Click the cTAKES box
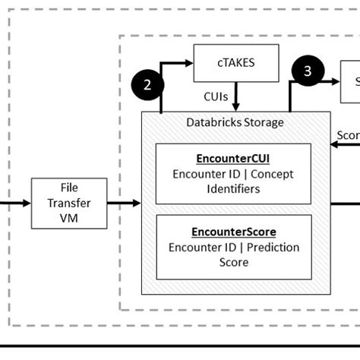236,62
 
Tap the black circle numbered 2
148,84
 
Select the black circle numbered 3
308,71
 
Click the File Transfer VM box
68,203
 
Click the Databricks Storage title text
235,122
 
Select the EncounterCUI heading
233,159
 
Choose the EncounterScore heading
233,232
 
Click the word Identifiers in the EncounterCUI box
233,188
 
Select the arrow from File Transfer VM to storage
124,203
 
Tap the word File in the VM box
68,188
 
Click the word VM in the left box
68,218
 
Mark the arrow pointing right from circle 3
334,85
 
